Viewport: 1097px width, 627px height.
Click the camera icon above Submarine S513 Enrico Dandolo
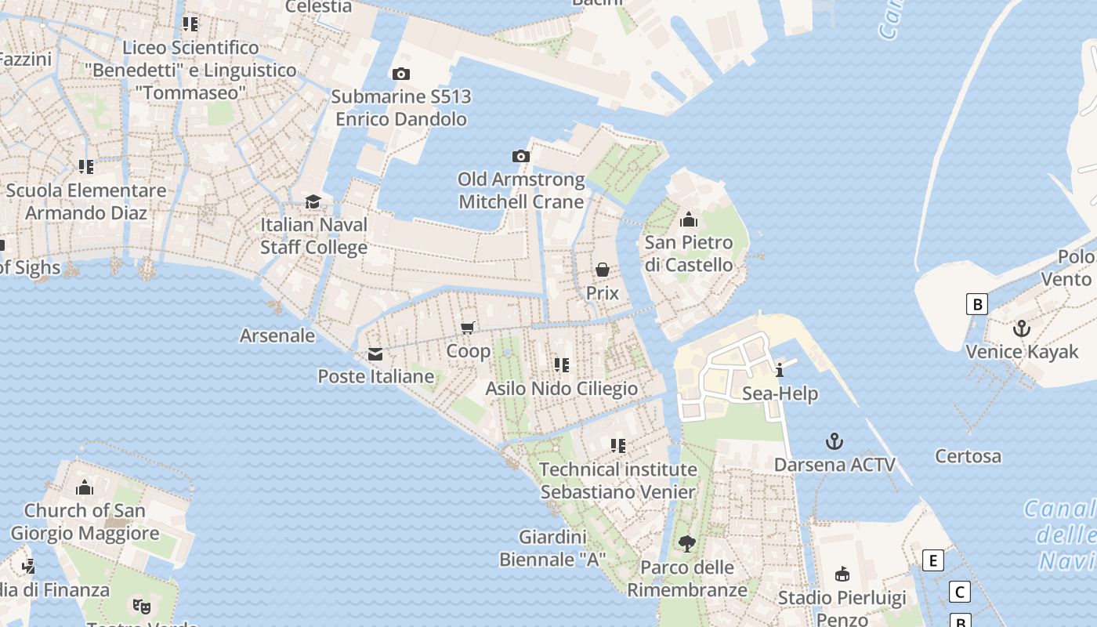point(400,74)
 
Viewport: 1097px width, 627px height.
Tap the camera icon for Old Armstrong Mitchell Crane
point(521,157)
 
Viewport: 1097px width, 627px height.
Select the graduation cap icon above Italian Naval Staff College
point(313,201)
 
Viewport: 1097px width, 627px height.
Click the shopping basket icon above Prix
point(602,270)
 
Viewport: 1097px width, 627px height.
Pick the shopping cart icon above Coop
point(468,328)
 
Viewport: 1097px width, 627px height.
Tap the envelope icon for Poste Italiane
point(375,354)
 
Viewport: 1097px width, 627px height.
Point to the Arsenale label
point(277,336)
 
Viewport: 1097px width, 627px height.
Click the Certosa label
point(968,456)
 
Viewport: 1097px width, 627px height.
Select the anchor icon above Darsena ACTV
point(835,442)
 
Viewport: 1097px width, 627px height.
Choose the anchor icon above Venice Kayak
point(1022,328)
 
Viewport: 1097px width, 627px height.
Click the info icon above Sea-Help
point(780,371)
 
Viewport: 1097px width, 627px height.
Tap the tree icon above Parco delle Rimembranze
point(686,543)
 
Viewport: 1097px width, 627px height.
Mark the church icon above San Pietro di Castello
point(689,219)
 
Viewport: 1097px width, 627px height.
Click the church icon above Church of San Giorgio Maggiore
point(85,487)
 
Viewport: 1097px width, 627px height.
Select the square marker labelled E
point(932,560)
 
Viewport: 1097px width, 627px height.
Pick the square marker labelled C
point(959,592)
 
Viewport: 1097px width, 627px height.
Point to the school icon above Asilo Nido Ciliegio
point(561,365)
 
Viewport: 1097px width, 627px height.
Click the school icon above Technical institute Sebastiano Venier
point(618,446)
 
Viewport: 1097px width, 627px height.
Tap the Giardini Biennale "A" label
point(552,549)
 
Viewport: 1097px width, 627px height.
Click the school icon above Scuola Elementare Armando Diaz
point(86,167)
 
